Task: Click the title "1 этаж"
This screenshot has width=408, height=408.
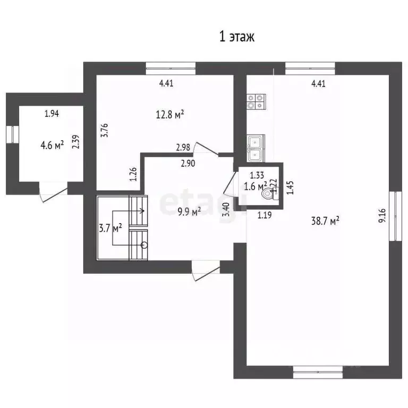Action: click(237, 37)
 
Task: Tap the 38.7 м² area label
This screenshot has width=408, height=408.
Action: click(325, 221)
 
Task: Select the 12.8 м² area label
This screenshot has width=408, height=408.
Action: click(170, 114)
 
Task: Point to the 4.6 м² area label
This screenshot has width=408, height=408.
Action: click(52, 144)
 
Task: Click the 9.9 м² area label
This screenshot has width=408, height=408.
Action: click(189, 211)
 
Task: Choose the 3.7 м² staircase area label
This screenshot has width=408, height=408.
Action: click(110, 228)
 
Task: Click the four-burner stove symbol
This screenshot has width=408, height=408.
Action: click(256, 101)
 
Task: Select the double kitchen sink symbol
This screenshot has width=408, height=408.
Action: click(256, 148)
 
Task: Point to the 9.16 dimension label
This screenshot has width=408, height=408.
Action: click(382, 216)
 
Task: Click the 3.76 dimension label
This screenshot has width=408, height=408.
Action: click(105, 130)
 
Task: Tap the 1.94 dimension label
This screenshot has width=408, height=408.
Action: click(52, 114)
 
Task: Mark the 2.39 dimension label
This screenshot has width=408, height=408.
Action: click(76, 142)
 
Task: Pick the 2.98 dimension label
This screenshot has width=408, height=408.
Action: click(183, 148)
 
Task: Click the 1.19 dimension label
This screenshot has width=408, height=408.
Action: click(265, 215)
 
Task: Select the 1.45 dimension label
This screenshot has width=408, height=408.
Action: click(290, 188)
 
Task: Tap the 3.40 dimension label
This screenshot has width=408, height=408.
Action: click(226, 209)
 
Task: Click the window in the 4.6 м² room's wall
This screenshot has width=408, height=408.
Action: click(13, 134)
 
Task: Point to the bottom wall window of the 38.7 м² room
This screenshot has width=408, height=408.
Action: click(318, 372)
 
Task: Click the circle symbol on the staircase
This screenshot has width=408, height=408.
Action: click(144, 245)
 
